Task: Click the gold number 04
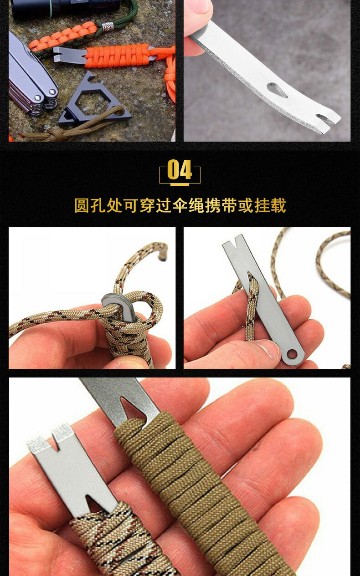point(180,171)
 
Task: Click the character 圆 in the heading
point(82,206)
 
